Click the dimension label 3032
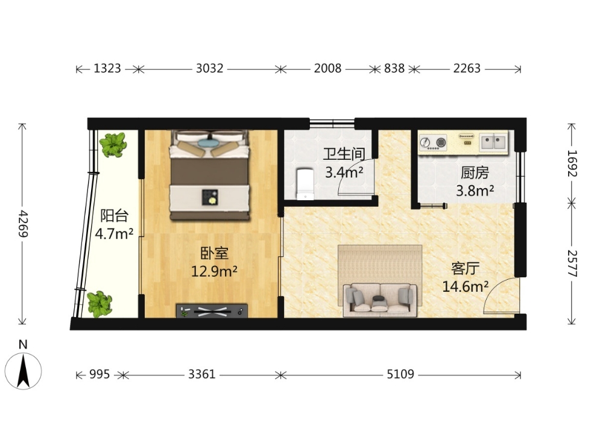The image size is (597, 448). pos(209,69)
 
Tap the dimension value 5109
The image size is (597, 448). pos(400,374)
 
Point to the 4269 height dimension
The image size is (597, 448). pos(24,224)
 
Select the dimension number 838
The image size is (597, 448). pos(394,69)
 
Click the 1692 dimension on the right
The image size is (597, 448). pos(572,163)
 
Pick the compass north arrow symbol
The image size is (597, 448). pos(24,371)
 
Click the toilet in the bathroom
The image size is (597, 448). pos(305,185)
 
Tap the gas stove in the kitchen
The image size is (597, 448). pos(433,143)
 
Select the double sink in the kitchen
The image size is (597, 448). pos(493,142)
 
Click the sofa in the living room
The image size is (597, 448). pos(381,300)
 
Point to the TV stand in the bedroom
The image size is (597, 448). pos(212,311)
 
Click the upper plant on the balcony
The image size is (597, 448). pos(113,145)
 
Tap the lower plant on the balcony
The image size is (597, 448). pos(99,304)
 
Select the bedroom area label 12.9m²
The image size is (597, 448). pos(214,272)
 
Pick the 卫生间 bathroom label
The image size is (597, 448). pos(344,154)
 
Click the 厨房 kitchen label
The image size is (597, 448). pos(475,173)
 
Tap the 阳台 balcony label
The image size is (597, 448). pos(114,216)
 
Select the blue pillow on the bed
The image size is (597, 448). pos(209,143)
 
